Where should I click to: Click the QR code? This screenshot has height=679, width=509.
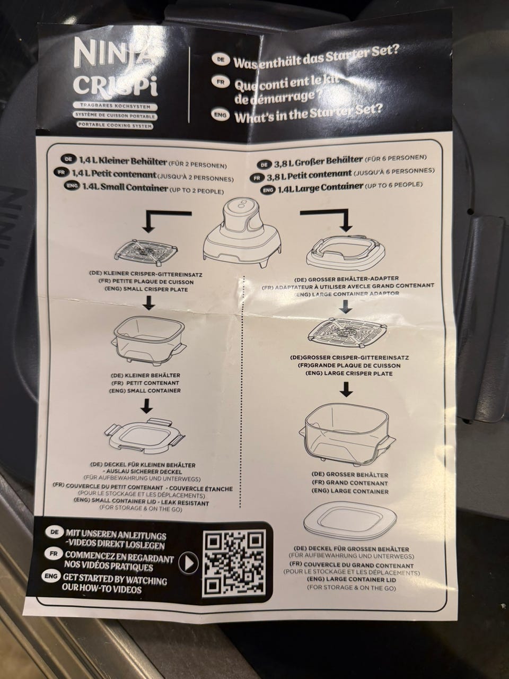[233, 564]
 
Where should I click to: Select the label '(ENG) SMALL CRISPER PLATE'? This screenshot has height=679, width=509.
[143, 290]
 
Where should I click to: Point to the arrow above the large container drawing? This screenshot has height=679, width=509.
[346, 389]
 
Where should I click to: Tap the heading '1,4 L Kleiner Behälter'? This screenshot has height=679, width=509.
[123, 161]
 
